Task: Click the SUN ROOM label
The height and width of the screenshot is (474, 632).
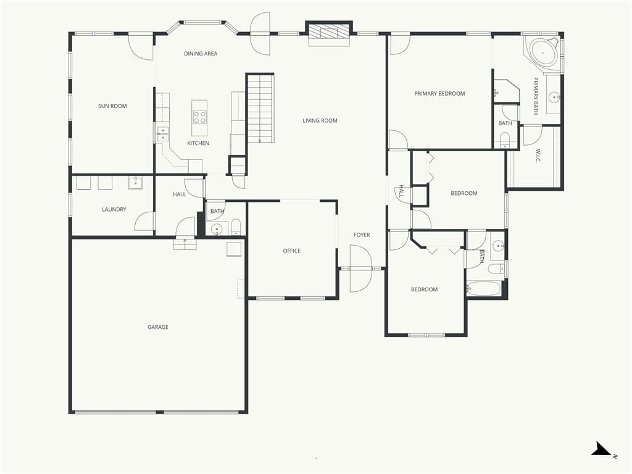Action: [x=112, y=106]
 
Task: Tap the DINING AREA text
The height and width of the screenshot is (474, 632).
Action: [x=201, y=54]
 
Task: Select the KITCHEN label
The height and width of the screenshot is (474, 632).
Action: [x=198, y=143]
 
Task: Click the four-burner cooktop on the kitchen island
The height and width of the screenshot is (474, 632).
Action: [x=199, y=117]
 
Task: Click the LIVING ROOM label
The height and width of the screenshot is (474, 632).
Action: [x=320, y=120]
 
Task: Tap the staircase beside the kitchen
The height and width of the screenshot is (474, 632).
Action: [x=260, y=109]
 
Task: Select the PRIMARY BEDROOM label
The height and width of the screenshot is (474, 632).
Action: [x=439, y=94]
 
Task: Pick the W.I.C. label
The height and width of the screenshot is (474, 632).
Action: [x=538, y=156]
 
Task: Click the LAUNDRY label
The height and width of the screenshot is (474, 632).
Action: [x=114, y=210]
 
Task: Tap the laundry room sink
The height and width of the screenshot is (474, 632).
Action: [x=136, y=183]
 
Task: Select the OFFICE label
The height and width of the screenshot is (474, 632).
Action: [x=292, y=251]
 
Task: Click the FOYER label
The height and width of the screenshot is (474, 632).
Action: [x=362, y=235]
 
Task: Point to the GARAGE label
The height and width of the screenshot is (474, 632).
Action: [x=158, y=327]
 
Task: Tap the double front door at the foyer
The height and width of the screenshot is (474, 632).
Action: [x=360, y=268]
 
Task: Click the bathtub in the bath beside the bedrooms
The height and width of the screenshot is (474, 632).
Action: [x=484, y=289]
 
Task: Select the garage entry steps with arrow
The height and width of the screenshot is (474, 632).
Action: [x=185, y=244]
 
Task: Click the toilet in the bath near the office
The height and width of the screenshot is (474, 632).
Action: [x=236, y=227]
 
